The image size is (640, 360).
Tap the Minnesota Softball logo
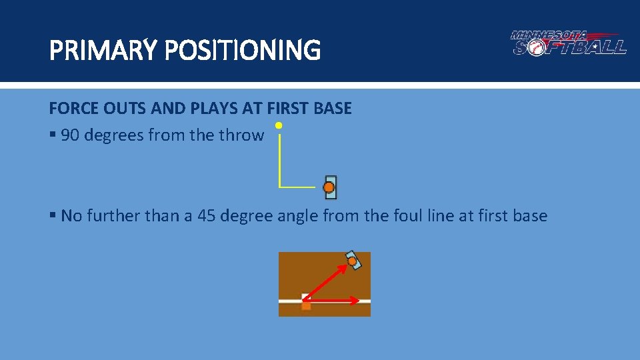568,43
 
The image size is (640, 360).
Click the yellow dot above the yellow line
279,125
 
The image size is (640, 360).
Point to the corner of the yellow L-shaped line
279,187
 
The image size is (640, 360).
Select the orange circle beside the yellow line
329,187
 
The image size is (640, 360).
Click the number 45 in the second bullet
207,216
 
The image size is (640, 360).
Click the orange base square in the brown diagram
306,305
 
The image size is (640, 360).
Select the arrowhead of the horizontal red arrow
356,301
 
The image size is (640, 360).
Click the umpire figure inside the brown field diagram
353,260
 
